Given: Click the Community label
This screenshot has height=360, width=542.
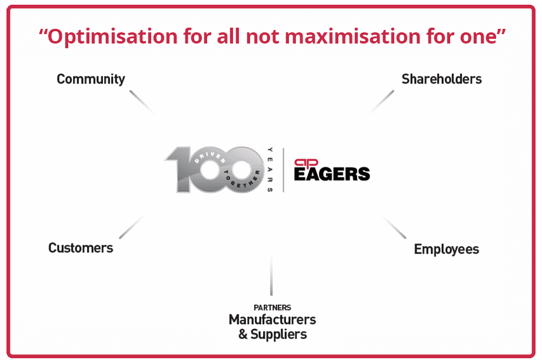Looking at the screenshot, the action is pos(91,79).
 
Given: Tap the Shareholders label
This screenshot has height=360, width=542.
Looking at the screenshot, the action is pos(441,79).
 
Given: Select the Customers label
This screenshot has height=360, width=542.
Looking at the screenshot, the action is pos(81,248).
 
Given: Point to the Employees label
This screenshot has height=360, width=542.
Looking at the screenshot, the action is pos(446,249).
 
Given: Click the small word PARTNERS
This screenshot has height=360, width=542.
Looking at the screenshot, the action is pos(272,308).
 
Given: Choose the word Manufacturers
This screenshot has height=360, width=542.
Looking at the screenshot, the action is pos(272,319).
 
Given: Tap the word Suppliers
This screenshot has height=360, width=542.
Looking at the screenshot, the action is pos(278,335).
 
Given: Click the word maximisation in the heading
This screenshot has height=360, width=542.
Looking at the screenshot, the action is pos(353,36).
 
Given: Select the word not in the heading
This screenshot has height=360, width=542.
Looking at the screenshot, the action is pos(262,36).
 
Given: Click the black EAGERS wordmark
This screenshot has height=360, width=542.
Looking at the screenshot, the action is pos(332,174).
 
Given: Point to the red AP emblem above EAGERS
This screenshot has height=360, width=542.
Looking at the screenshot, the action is pos(306,163).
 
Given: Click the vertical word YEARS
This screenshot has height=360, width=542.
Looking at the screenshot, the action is pos(270,169).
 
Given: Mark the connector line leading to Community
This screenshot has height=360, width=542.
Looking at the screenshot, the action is pos(142,102).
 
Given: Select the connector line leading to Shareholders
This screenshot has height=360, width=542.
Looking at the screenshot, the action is pos(381,102).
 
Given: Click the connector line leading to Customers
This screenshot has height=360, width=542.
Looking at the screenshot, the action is pos(132,227).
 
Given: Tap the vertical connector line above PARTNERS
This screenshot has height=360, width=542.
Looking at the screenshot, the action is pos(271,275).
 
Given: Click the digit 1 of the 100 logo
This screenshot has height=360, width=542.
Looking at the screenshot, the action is pos(182,169).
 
